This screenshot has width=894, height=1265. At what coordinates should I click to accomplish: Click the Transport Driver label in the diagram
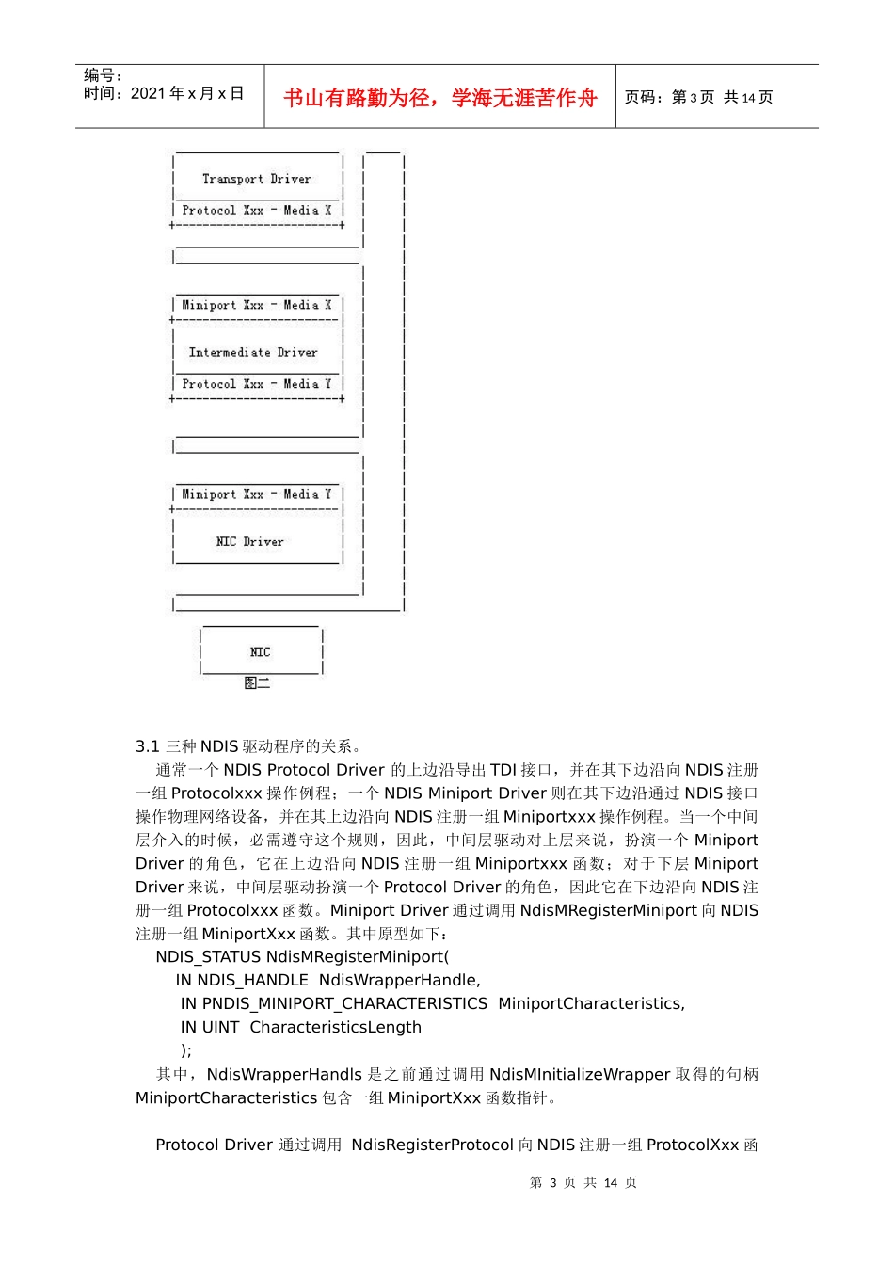tap(256, 179)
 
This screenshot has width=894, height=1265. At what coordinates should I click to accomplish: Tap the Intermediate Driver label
tap(253, 353)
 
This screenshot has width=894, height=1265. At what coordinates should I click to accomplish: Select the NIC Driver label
tap(249, 542)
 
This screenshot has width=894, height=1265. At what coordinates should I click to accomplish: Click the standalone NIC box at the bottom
tap(261, 651)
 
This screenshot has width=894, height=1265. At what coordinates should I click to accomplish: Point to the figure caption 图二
tap(256, 682)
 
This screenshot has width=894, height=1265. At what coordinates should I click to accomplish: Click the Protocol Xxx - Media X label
tap(256, 211)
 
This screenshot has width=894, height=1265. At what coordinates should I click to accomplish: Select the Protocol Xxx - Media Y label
tap(256, 384)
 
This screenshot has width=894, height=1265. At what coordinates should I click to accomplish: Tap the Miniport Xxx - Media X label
tap(256, 305)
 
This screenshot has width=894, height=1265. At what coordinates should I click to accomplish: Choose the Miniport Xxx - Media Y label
tap(256, 494)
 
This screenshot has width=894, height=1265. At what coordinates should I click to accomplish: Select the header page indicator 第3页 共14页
tap(698, 98)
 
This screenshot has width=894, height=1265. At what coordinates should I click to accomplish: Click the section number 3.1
tap(147, 746)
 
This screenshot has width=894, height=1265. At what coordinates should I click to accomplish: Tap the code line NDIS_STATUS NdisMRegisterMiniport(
tap(302, 956)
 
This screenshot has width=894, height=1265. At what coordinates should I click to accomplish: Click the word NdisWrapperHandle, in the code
tap(399, 980)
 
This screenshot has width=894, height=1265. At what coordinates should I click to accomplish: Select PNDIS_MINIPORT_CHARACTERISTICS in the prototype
tap(344, 1003)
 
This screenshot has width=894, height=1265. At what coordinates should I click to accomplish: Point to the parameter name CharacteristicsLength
tap(335, 1027)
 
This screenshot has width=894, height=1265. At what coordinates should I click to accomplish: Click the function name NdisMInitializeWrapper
tap(580, 1074)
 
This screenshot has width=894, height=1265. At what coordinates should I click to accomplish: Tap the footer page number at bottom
tap(583, 1182)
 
